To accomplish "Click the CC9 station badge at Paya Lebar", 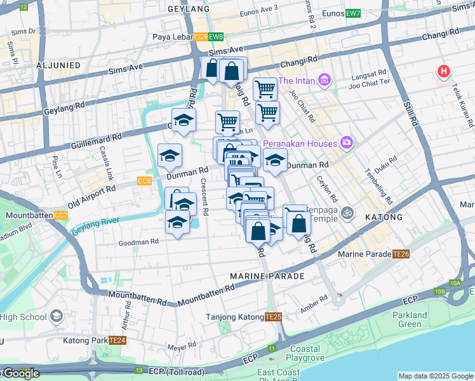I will tap(201, 37).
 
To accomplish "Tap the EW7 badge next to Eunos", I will tap(354, 13).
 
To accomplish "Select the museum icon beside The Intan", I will tap(325, 81).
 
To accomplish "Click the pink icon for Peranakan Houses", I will tap(346, 144).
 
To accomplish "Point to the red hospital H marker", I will tap(443, 72).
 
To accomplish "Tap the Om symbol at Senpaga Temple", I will tap(347, 212).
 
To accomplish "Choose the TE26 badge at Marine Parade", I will tap(401, 254).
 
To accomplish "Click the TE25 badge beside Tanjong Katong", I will tap(273, 317).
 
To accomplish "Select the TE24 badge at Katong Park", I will tap(117, 340).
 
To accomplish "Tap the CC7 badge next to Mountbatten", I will tap(61, 215).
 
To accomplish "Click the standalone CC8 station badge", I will tap(144, 181).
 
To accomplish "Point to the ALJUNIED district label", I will tap(58, 65).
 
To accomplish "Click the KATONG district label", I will tap(384, 217).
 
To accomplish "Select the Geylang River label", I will tap(96, 224).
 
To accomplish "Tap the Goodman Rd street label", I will tap(138, 242).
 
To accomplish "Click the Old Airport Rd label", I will tap(92, 194).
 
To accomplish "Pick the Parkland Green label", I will tap(410, 319).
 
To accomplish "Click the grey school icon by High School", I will tap(57, 317).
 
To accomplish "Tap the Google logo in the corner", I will tap(21, 373).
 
